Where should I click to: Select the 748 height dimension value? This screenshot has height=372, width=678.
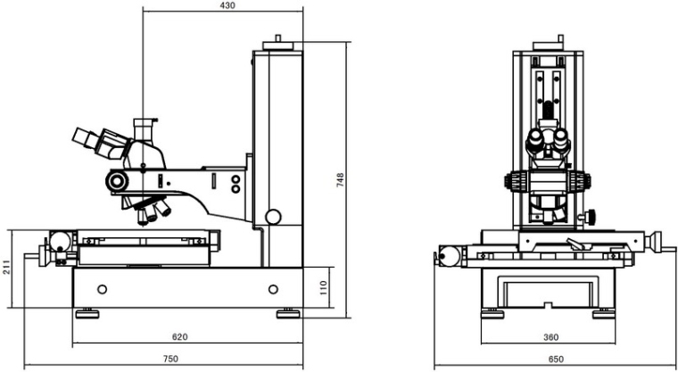point(340,179)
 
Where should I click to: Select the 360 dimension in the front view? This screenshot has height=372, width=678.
point(550,337)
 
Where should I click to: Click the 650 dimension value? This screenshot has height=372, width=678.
point(555,360)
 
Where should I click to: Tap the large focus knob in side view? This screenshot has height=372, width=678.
point(116,181)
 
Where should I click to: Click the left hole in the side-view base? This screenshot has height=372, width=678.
point(103,289)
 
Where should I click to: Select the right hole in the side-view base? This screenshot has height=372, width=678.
point(273,289)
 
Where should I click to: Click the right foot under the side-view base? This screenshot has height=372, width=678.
point(288,312)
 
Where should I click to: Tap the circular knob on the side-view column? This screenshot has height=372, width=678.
point(273,216)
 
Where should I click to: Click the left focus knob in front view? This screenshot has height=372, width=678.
point(515,179)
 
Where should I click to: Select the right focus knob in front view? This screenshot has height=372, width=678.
point(583,179)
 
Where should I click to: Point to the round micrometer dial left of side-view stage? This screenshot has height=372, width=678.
point(58,242)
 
